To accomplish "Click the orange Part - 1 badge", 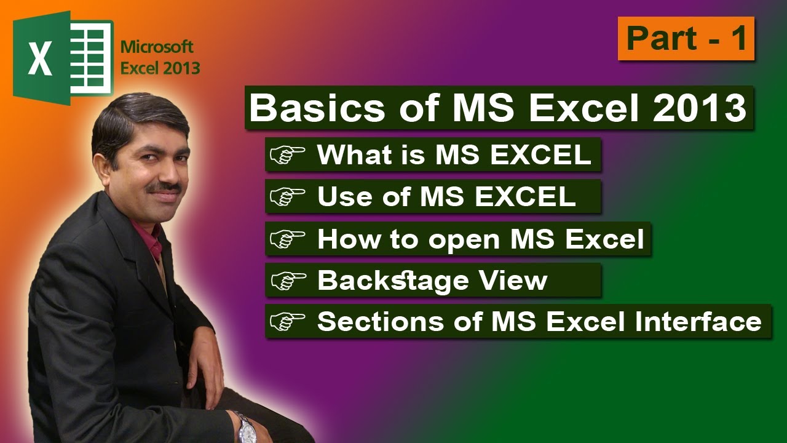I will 686,39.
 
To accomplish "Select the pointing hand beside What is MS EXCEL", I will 288,155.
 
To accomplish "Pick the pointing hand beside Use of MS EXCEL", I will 288,197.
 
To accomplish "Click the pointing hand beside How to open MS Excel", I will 288,239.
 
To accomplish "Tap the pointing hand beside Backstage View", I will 288,281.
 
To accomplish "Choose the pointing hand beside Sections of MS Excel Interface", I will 288,322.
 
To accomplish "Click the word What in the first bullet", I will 347,155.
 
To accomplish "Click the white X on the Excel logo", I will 39,60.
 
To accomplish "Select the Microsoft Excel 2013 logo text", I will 160,57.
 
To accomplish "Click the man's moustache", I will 165,186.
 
